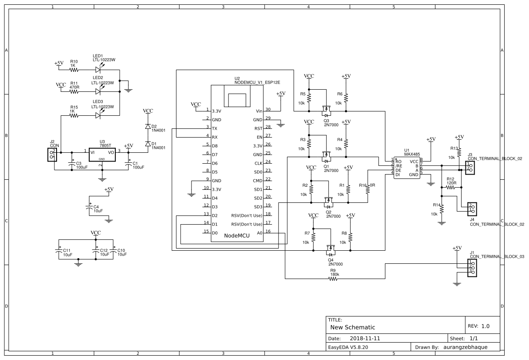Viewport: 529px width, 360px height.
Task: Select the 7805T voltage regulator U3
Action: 102,155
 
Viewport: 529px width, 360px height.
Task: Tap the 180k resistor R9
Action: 334,279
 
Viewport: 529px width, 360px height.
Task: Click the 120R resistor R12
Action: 450,188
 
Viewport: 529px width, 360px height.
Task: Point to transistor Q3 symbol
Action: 325,109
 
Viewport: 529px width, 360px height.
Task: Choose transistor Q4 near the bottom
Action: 331,252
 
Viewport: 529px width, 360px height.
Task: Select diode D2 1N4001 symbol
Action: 147,127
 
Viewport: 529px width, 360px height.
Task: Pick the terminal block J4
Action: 472,209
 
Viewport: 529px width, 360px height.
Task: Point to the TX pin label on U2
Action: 214,128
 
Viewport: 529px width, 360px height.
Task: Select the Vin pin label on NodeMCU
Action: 259,111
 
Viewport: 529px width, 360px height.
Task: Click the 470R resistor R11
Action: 74,92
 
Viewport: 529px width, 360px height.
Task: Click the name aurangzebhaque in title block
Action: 464,347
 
